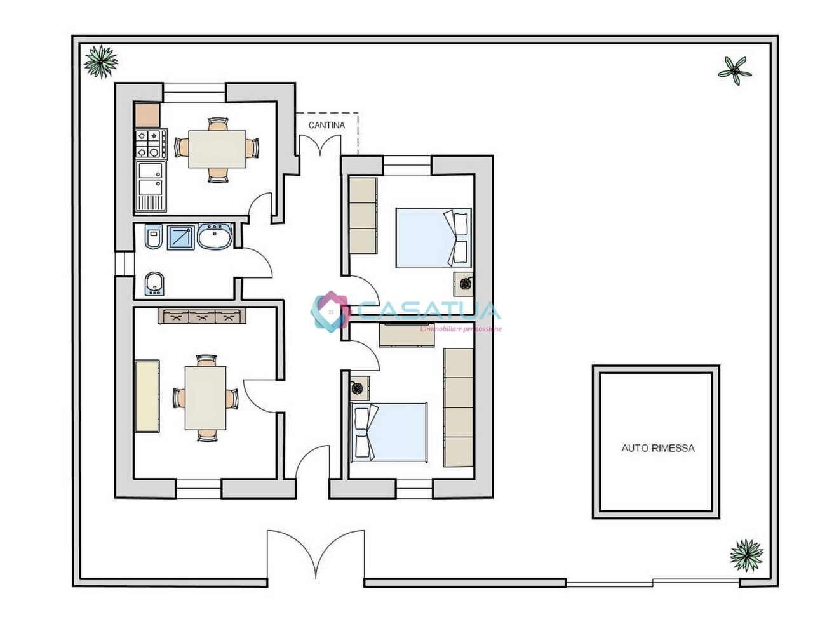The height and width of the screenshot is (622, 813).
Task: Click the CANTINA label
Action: click(x=326, y=125)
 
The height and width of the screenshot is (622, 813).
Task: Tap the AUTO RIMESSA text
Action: click(x=657, y=447)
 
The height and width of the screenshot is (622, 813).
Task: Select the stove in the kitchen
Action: click(x=151, y=143)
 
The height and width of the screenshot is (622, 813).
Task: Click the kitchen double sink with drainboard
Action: click(x=151, y=185)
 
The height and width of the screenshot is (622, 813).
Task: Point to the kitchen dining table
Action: click(x=217, y=149)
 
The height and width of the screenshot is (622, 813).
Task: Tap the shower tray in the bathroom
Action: click(x=182, y=237)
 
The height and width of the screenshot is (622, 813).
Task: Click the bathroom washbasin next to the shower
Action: click(x=215, y=237)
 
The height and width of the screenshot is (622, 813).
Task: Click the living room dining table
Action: click(x=206, y=398)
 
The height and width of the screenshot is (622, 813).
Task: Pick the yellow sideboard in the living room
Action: click(x=147, y=396)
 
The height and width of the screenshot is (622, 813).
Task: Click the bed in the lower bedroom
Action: click(x=389, y=432)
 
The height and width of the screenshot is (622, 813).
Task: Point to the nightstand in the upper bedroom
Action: click(x=463, y=283)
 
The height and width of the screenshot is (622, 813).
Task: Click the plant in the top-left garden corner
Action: click(x=100, y=62)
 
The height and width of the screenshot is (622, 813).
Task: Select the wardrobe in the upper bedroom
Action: click(x=363, y=215)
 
